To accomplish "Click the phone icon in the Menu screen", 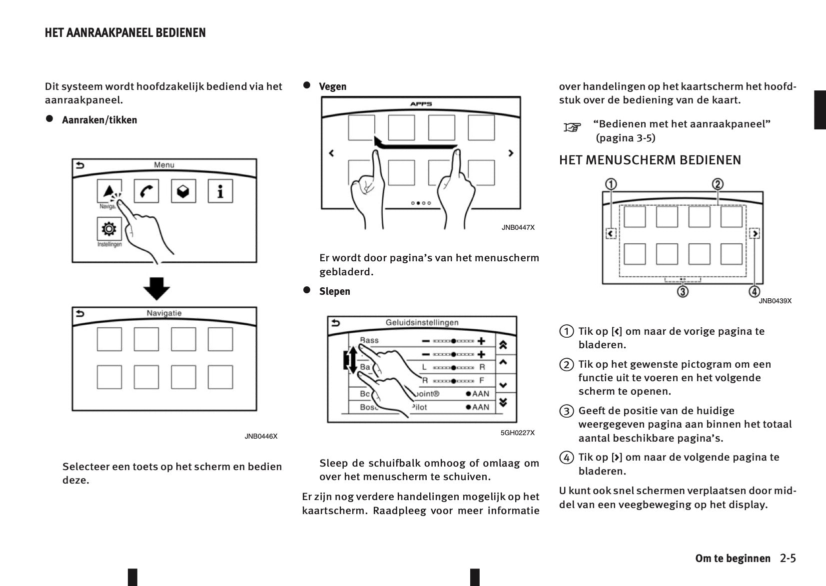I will (146, 191).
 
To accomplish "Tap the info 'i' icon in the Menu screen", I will (220, 191).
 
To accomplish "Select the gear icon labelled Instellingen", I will (109, 229).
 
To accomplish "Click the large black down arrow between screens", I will (156, 288).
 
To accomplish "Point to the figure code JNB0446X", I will (261, 436).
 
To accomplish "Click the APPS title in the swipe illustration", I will (421, 104).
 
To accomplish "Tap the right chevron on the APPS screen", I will (510, 153).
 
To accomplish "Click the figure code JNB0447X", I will (518, 227).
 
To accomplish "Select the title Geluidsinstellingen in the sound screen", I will (422, 323).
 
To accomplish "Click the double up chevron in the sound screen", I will (503, 345).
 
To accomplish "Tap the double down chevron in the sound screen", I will (503, 402).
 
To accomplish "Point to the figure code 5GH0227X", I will (517, 433).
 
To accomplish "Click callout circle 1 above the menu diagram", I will (611, 184).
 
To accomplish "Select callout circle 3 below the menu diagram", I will (683, 291).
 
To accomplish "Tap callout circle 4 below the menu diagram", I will (754, 291).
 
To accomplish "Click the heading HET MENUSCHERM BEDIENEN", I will (650, 160).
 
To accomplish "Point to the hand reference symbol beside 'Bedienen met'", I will (572, 127).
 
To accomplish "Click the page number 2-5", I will (788, 558).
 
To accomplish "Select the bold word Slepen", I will (334, 291).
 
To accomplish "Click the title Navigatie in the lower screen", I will (164, 313).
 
